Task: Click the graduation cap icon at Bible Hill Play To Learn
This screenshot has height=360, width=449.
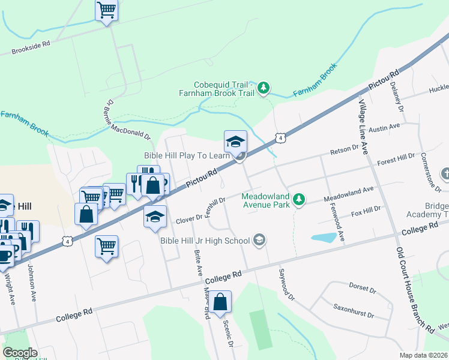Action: (235, 142)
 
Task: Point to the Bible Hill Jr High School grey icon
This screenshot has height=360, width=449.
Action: (259, 241)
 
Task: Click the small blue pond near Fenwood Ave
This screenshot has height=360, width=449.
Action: (324, 238)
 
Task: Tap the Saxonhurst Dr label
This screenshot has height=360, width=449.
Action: (354, 310)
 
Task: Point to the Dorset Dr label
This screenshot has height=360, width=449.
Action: (362, 289)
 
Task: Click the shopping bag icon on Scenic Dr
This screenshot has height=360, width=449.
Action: (220, 302)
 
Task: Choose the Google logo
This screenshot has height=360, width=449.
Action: (20, 352)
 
